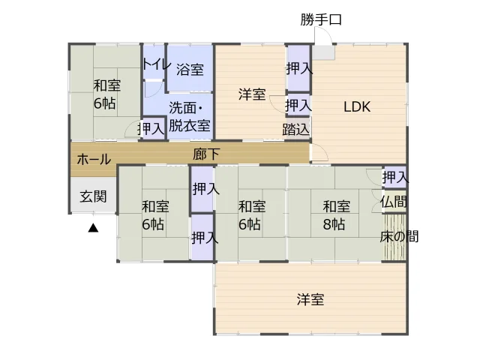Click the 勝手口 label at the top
point(320,20)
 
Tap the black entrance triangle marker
point(93,228)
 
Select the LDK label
point(357,106)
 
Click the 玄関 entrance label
point(93,196)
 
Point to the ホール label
point(94,160)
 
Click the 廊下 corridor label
point(206,154)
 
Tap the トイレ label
point(156,64)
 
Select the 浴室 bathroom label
point(190,70)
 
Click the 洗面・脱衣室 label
point(190,117)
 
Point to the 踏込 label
point(295,129)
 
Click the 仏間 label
point(394,202)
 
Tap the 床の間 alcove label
point(399,237)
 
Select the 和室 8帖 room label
point(336,215)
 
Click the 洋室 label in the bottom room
point(310,299)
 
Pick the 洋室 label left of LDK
point(252,94)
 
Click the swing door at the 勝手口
point(323,36)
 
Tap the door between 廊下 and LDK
point(319,152)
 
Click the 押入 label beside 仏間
point(395,177)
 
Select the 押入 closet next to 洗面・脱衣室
point(151,128)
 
